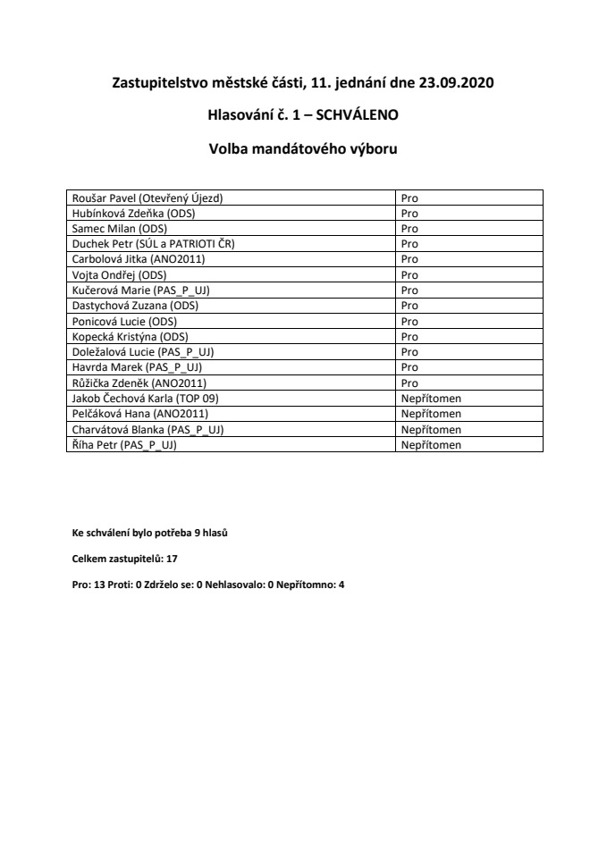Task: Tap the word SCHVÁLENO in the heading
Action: point(351,116)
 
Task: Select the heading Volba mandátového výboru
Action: point(302,149)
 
